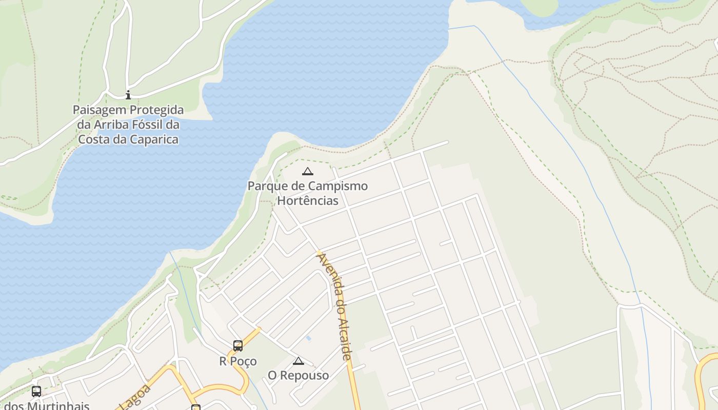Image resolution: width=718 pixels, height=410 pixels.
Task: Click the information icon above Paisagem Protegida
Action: (x=128, y=95)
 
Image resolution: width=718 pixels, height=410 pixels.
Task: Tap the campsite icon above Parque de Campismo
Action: (x=307, y=171)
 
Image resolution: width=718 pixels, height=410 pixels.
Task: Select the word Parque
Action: (x=266, y=186)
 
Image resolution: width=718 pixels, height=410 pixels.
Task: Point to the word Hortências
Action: (x=308, y=200)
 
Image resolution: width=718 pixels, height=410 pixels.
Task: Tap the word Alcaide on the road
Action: (x=344, y=334)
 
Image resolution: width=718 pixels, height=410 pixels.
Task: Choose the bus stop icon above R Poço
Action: (x=238, y=346)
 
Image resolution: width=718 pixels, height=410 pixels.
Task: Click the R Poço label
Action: (x=238, y=361)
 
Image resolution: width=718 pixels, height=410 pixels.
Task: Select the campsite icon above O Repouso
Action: (x=298, y=361)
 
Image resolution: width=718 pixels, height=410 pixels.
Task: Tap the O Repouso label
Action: (x=298, y=376)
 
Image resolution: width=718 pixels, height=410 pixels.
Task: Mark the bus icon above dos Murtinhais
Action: (x=36, y=392)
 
